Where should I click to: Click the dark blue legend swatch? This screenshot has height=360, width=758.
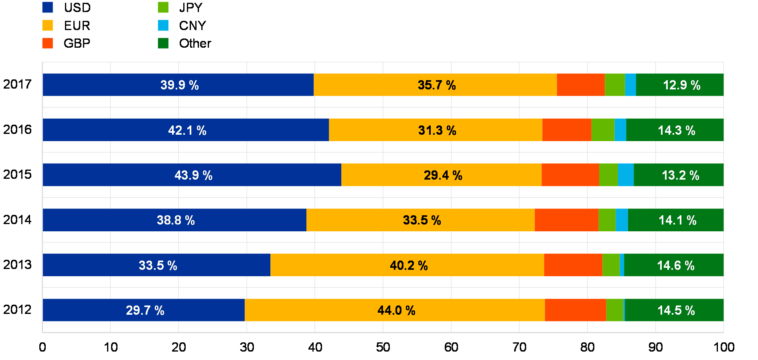[47, 7]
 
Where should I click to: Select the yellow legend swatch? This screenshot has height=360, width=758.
[47, 25]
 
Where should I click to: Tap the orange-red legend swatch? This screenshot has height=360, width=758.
[47, 43]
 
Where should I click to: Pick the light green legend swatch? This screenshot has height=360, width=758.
[163, 7]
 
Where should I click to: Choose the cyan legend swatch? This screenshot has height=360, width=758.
[163, 25]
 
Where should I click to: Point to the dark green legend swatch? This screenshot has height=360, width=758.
[163, 43]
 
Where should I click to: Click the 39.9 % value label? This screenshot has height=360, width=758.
[179, 85]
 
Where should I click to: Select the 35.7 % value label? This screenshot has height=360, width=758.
[437, 85]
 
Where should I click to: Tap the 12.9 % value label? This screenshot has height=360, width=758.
[681, 85]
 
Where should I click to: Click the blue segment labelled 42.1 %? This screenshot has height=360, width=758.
[120, 130]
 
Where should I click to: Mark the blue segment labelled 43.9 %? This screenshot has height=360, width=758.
[120, 175]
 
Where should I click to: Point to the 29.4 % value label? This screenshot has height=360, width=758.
[443, 175]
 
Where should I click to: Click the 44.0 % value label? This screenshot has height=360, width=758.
[396, 310]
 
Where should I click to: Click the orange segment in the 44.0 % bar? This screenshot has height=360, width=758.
[575, 310]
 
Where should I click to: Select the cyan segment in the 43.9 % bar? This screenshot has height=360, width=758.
[626, 175]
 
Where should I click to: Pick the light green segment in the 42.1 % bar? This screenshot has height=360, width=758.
[603, 130]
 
